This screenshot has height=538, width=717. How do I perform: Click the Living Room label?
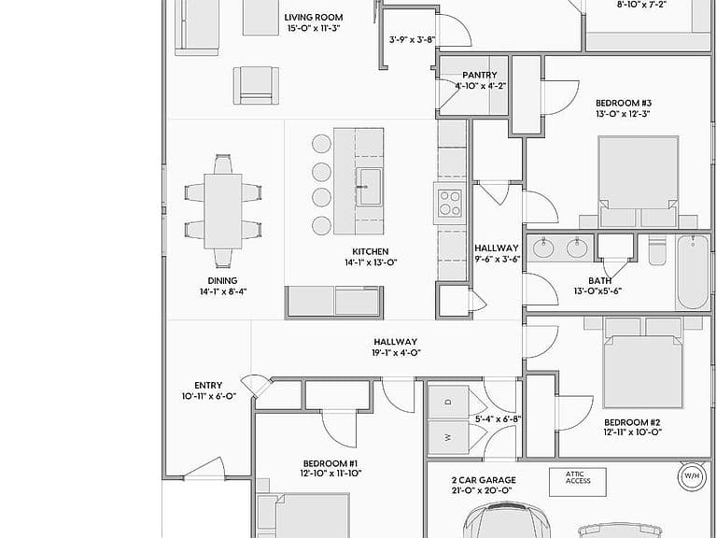pos(314,18)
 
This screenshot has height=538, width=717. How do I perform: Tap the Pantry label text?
pos(480,75)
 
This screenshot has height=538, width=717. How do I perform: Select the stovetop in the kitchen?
pos(449,203)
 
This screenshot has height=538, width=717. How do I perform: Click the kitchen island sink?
pos(369,187)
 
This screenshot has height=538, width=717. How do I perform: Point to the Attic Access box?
pos(578,482)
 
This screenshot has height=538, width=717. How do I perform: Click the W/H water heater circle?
pos(692,476)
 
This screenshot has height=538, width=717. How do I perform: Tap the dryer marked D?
pos(449,403)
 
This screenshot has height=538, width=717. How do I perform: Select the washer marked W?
pos(449,437)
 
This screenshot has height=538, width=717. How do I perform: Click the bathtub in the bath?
pos(694,272)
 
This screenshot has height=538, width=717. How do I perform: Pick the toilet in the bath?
pos(657,250)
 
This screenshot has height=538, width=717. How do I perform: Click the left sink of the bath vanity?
pos(543,248)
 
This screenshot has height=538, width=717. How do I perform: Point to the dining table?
pos(223,211)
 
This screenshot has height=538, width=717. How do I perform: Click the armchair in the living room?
pos(256,86)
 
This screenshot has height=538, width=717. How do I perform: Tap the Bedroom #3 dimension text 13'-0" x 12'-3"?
pos(623,114)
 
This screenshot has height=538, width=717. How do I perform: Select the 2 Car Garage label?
pos(484,480)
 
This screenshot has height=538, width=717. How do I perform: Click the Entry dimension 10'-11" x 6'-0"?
pos(208,396)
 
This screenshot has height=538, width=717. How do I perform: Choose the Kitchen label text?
pos(371,251)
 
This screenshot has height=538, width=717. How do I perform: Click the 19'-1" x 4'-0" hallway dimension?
pos(396,353)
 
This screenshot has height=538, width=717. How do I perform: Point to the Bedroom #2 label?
pos(632,422)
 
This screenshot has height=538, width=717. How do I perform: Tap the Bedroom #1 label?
pos(330,463)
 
